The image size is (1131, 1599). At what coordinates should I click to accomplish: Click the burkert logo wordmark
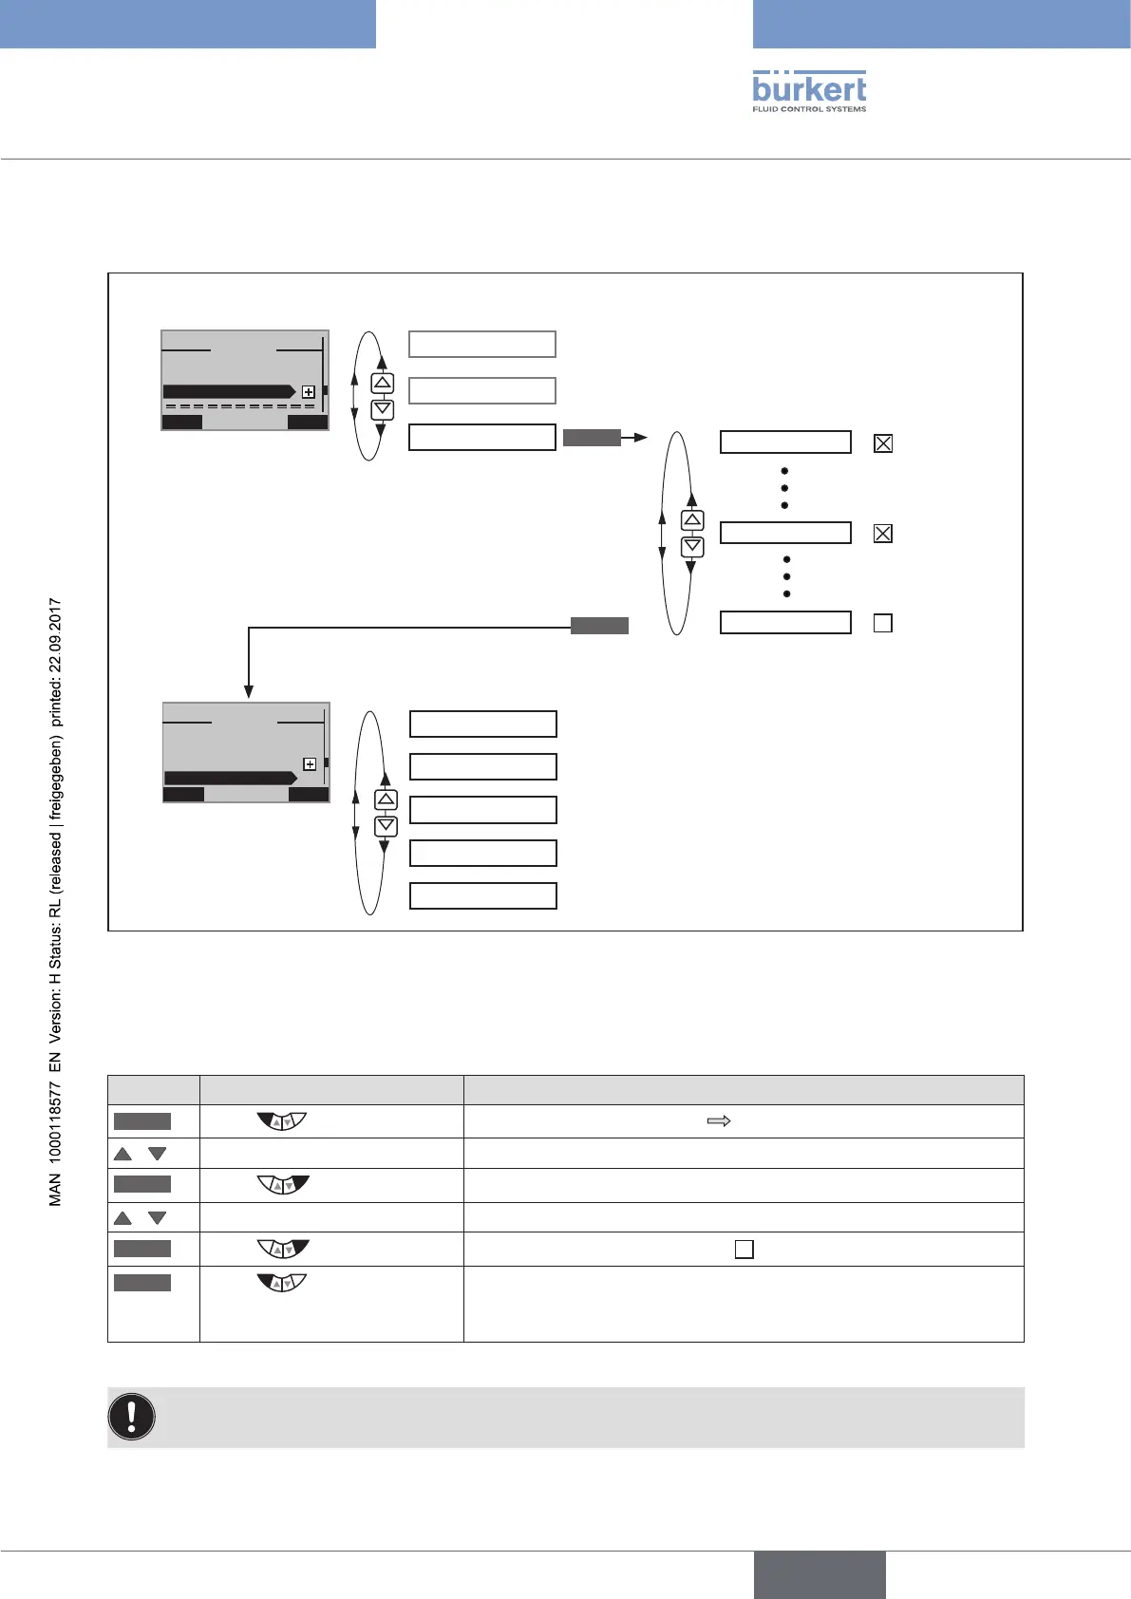[809, 89]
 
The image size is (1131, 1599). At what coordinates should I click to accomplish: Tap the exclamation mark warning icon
[132, 1417]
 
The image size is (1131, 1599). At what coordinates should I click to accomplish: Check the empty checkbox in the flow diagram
[882, 624]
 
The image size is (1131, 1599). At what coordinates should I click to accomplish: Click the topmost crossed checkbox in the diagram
[883, 442]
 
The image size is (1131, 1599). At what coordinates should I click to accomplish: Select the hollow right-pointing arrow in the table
[719, 1121]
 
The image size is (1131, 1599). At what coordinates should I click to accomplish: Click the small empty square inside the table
[745, 1249]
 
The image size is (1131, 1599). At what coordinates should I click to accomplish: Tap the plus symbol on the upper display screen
[308, 392]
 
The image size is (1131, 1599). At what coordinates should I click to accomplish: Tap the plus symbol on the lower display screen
[309, 764]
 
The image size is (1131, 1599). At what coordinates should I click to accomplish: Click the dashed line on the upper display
[239, 406]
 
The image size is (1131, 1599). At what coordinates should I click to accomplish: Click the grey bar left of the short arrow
[592, 437]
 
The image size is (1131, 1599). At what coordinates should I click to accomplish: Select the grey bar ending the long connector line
[599, 625]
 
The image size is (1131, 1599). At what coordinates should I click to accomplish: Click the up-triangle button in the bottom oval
[385, 799]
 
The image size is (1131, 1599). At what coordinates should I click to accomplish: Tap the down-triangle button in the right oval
[692, 546]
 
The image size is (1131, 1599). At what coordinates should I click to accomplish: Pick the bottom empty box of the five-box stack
[482, 895]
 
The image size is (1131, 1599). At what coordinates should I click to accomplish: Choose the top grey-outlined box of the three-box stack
[481, 344]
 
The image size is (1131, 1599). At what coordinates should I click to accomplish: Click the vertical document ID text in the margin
[56, 902]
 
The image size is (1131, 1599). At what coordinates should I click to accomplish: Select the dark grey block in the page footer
[820, 1574]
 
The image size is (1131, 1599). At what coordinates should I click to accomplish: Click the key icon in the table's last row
[282, 1283]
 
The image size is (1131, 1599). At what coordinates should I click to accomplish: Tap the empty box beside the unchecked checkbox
[785, 623]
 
